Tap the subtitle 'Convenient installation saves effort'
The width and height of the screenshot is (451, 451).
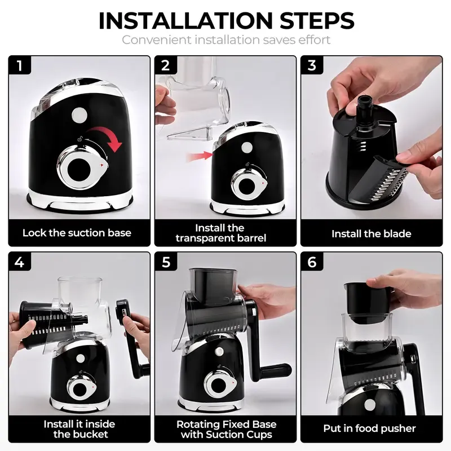[x=225, y=40]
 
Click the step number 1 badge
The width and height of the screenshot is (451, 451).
[x=20, y=66]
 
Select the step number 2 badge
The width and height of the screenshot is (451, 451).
[x=166, y=66]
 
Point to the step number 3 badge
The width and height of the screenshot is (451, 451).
[x=312, y=66]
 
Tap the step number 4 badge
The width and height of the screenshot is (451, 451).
[x=20, y=262]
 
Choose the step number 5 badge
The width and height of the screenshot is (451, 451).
[x=166, y=262]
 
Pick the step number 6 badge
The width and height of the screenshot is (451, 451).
[x=312, y=262]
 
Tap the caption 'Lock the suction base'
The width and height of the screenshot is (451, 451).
[x=77, y=233]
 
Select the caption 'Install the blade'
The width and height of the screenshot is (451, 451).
[x=371, y=233]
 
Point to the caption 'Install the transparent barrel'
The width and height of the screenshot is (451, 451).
[x=220, y=233]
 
